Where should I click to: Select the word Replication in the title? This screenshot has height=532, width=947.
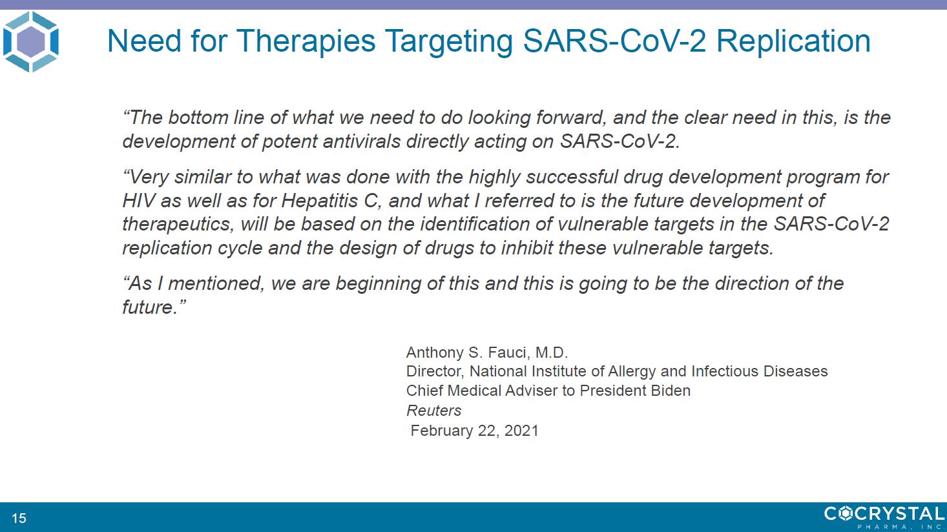[x=793, y=41]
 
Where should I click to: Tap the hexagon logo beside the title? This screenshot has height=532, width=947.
[x=31, y=41]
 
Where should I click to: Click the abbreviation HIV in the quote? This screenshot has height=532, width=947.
[x=138, y=200]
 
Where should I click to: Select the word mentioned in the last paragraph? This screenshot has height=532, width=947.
[x=216, y=283]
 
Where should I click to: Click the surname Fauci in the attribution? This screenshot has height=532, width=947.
[x=507, y=353]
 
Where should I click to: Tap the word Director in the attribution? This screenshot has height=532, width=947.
[x=435, y=371]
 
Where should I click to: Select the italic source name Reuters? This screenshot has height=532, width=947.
[x=433, y=411]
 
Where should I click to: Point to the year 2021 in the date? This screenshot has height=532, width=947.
[x=521, y=431]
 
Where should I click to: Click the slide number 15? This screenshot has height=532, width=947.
[x=19, y=518]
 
